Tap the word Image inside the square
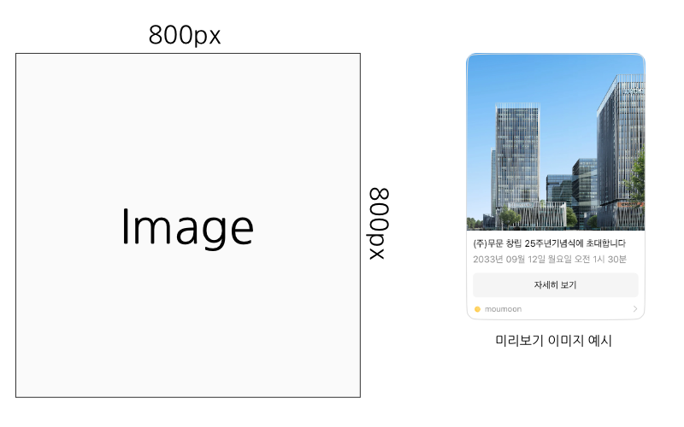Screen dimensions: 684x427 click(x=187, y=227)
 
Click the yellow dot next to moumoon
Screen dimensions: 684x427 click(x=477, y=309)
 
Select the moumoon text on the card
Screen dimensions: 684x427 click(x=503, y=309)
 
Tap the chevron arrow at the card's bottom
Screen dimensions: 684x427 click(x=635, y=309)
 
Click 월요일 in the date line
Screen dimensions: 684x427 click(x=560, y=260)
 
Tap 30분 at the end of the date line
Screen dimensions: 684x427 click(x=617, y=260)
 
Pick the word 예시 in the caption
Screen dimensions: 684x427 click(x=600, y=340)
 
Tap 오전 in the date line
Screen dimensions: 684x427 click(x=582, y=260)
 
